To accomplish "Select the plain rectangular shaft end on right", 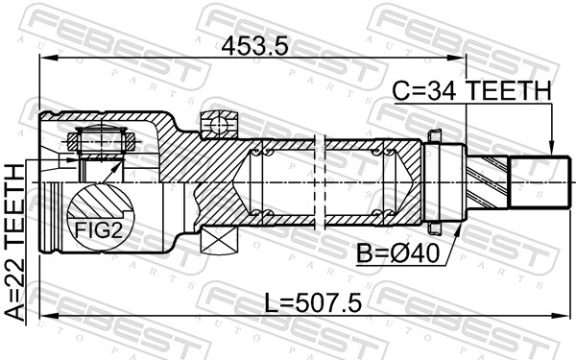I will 538,180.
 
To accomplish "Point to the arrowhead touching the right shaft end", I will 551,150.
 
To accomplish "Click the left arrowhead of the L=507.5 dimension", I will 44,315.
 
